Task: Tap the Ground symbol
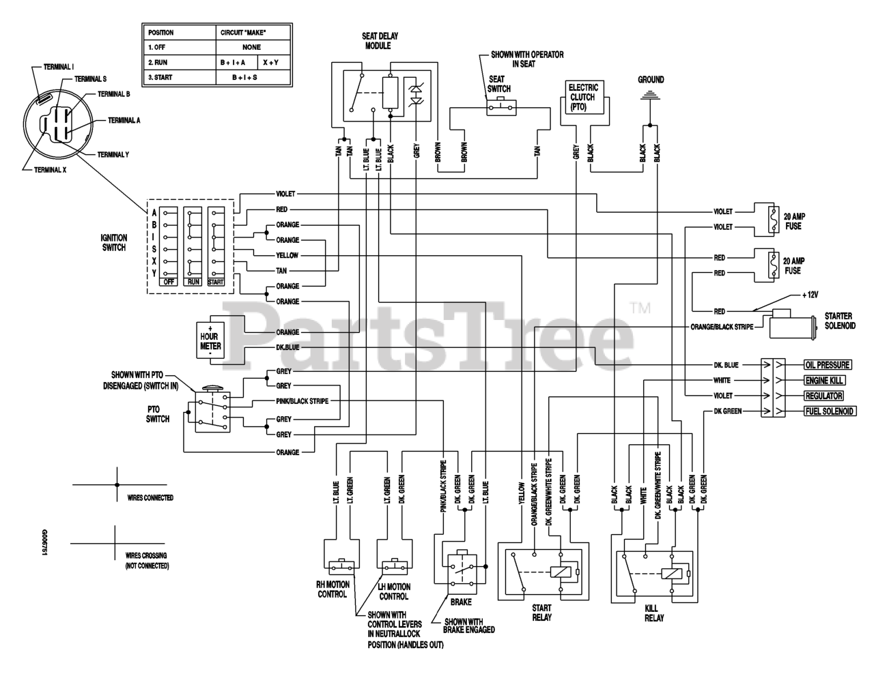pyautogui.click(x=650, y=95)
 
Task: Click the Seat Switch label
pyautogui.click(x=498, y=84)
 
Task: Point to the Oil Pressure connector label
pyautogui.click(x=828, y=365)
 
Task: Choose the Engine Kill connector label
pyautogui.click(x=824, y=381)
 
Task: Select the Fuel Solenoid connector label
pyautogui.click(x=830, y=411)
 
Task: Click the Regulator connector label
pyautogui.click(x=823, y=396)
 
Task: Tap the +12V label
pyautogui.click(x=810, y=295)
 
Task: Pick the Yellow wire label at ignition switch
pyautogui.click(x=287, y=255)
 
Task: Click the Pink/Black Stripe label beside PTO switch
pyautogui.click(x=302, y=401)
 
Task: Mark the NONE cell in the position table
pyautogui.click(x=252, y=47)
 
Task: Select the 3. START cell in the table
pyautogui.click(x=179, y=78)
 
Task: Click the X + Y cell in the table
pyautogui.click(x=270, y=63)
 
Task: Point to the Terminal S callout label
pyautogui.click(x=91, y=79)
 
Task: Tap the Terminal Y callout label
pyautogui.click(x=113, y=155)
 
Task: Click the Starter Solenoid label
pyautogui.click(x=840, y=321)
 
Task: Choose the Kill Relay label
pyautogui.click(x=654, y=613)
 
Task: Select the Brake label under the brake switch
pyautogui.click(x=461, y=602)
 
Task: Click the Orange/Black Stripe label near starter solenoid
pyautogui.click(x=722, y=327)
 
